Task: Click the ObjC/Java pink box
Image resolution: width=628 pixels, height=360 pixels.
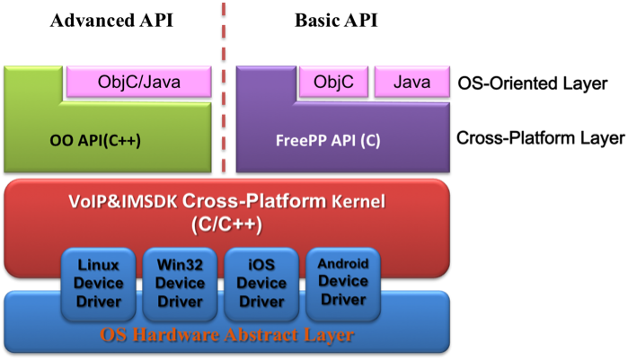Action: pos(139,83)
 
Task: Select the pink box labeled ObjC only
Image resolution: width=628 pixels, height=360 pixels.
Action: pos(333,83)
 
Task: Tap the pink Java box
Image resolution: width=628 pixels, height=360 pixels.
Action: pos(411,83)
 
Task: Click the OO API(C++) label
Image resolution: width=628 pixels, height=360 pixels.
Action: pos(94,142)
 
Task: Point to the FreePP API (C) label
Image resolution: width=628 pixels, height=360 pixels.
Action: pos(328,142)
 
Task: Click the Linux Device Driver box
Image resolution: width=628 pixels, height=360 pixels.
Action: pos(99,283)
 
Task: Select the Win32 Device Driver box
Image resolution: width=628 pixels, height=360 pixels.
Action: pos(180,283)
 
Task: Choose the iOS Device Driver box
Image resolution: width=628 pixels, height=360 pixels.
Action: pos(261,283)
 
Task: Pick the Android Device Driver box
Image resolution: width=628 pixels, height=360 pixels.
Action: pos(342,283)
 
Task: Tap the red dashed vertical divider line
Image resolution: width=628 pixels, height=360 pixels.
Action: pos(223,90)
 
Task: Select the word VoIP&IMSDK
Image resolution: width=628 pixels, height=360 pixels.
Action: pos(108,202)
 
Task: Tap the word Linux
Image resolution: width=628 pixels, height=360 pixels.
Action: pos(99,266)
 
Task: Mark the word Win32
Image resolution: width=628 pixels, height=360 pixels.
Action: pos(180,266)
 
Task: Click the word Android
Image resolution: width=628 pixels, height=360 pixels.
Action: pos(342,265)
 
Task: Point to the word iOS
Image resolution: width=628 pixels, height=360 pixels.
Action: pos(261,266)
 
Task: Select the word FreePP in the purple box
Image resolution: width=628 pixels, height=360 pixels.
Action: pos(300,142)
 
